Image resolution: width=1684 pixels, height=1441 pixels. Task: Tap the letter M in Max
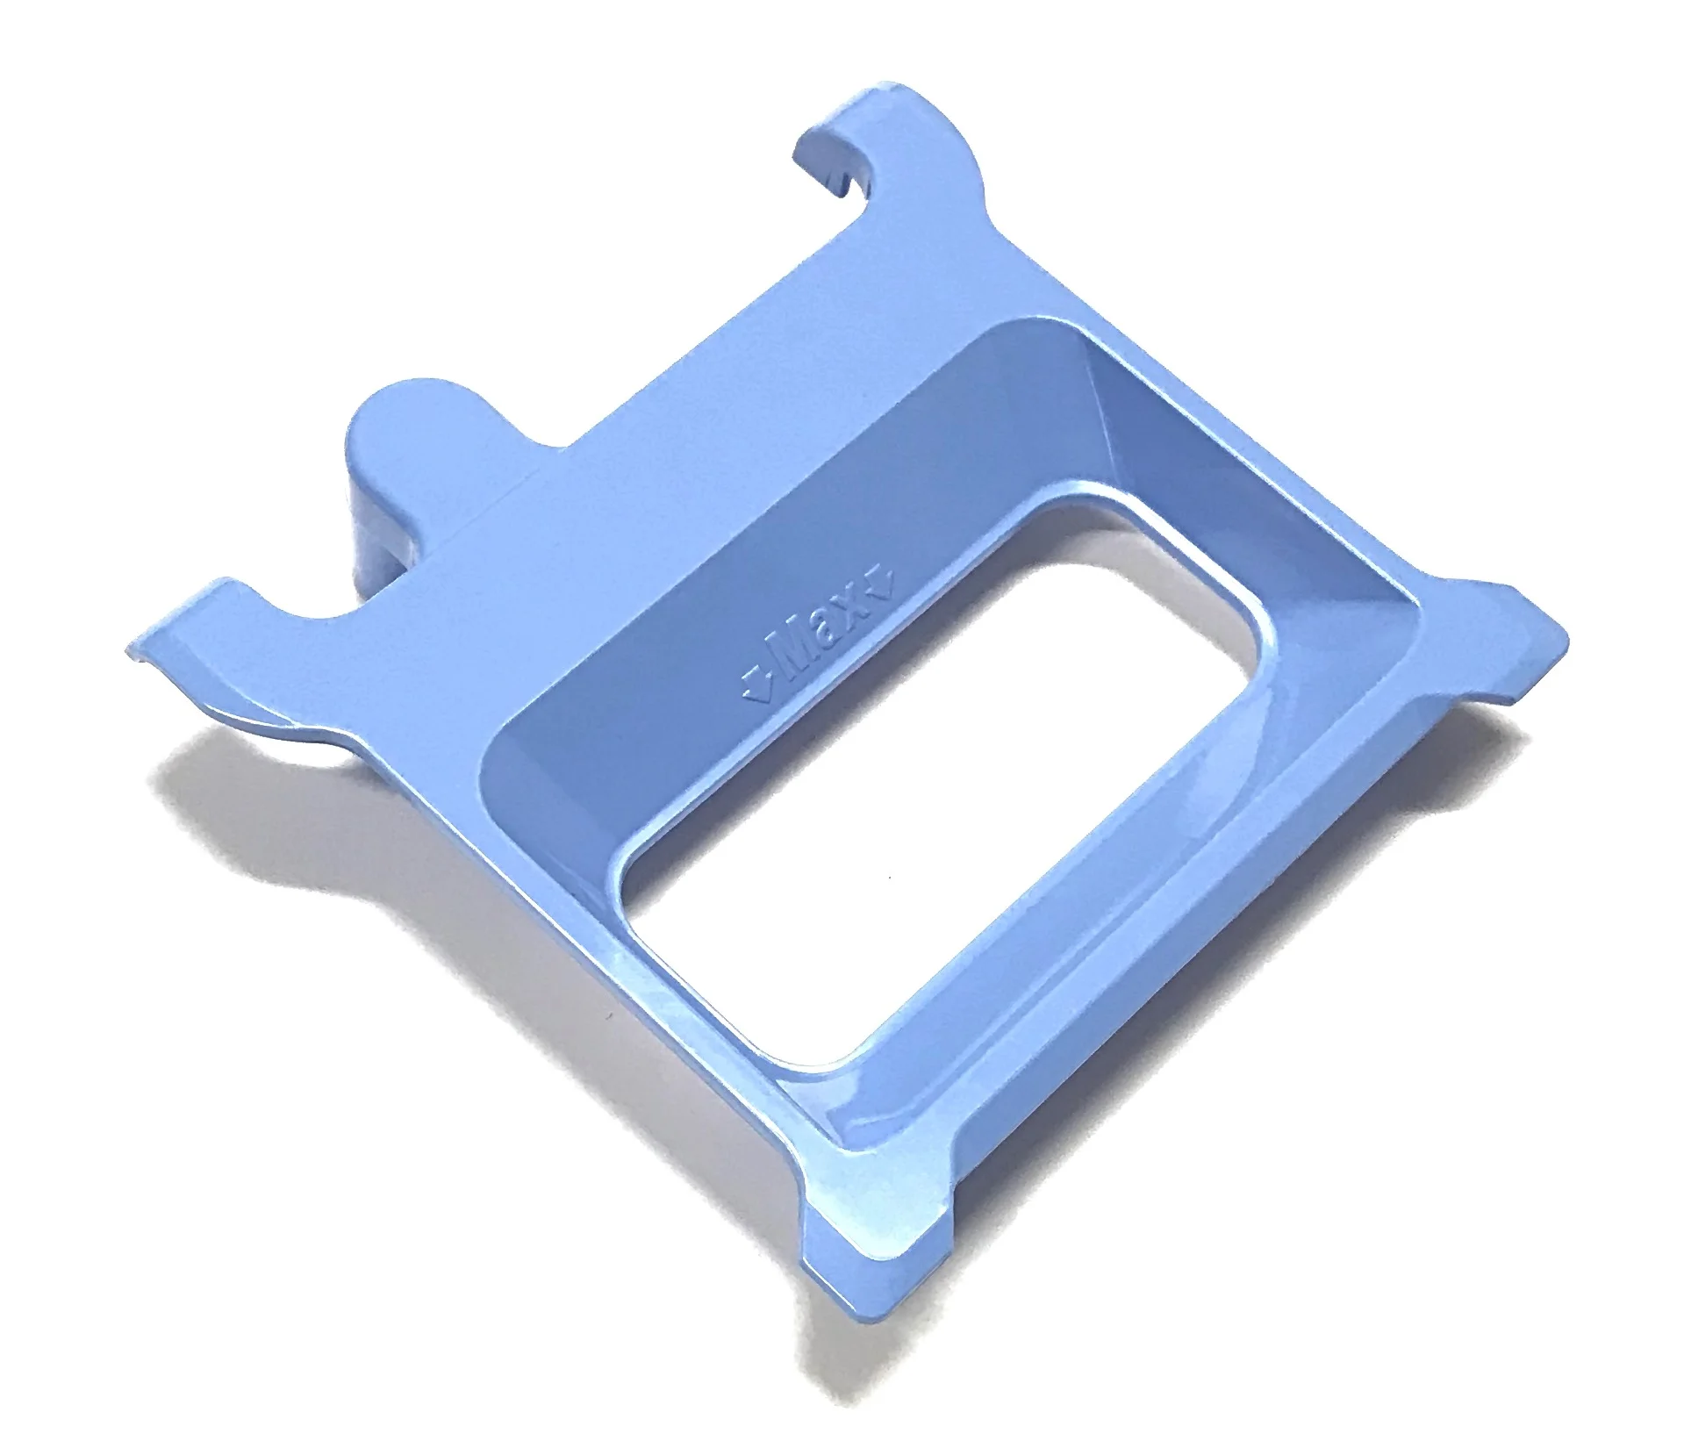[x=787, y=664]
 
